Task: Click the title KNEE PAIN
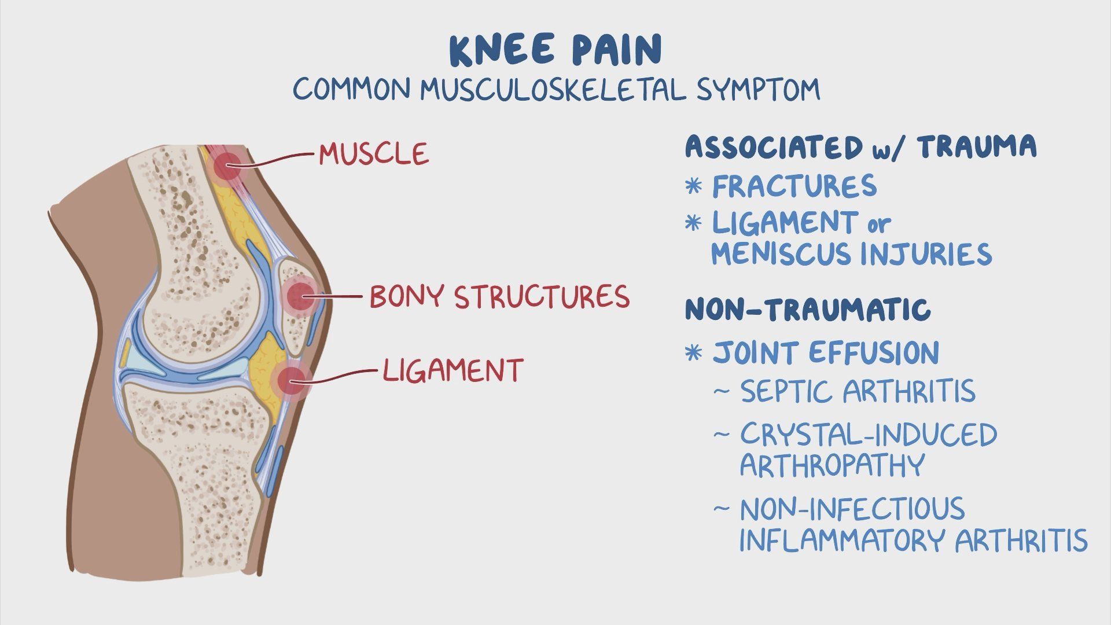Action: (x=555, y=50)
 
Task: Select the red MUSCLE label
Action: (x=374, y=154)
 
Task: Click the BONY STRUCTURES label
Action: (x=499, y=296)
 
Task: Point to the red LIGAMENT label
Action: (x=453, y=369)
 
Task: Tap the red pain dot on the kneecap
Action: (x=299, y=297)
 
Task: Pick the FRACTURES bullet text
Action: (x=794, y=186)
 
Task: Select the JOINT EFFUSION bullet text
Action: (x=826, y=352)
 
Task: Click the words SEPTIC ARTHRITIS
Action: (x=858, y=391)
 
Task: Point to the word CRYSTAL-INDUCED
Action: (x=869, y=435)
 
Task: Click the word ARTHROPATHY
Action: (x=832, y=465)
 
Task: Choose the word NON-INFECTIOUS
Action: (x=852, y=509)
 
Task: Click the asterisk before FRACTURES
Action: (x=693, y=186)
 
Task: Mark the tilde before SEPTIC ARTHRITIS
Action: (x=721, y=391)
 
